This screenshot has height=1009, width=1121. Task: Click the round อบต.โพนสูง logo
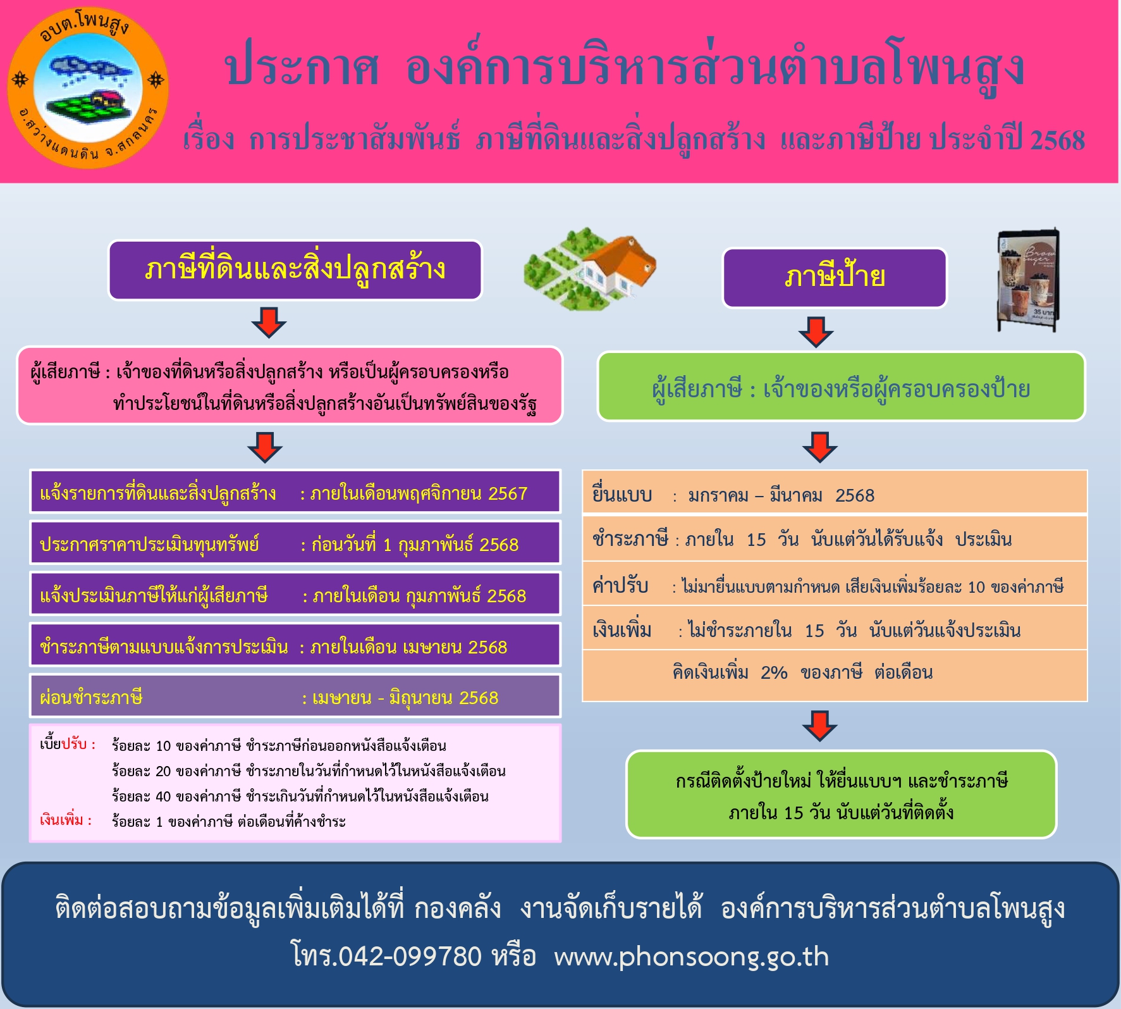pos(88,88)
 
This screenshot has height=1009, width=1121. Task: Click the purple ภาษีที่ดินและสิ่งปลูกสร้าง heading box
pos(295,270)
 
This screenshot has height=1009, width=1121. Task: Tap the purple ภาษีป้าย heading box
pos(835,278)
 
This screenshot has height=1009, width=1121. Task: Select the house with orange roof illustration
pos(590,269)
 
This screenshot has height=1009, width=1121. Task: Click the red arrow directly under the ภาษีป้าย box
pos(816,332)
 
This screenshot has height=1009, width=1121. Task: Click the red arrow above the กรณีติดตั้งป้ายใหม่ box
pos(820,726)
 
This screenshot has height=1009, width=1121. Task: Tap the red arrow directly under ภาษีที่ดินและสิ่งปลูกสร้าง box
pos(269,323)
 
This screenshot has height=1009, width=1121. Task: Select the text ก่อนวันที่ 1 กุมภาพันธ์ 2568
pos(415,545)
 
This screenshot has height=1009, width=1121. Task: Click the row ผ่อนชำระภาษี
pos(295,696)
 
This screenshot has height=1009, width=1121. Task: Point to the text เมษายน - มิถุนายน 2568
pos(405,698)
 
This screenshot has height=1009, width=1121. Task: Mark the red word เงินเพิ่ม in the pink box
pos(62,820)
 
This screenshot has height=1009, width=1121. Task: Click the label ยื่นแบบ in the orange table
pos(622,495)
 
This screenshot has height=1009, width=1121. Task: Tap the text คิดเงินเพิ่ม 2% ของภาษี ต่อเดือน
pos(802,672)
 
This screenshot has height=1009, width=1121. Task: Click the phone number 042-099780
pos(410,956)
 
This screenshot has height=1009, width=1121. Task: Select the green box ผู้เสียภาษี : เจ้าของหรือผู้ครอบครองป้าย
pos(842,387)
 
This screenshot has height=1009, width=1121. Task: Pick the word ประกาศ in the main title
pos(302,68)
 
